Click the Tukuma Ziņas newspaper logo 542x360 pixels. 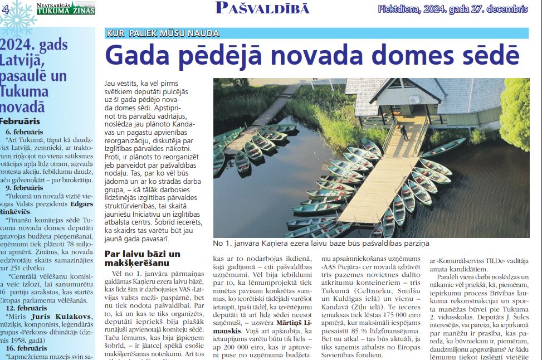coord(65,8)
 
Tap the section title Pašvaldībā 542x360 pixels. coord(262,8)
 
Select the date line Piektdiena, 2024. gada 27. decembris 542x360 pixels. coord(452,9)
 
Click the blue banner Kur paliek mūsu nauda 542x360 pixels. coord(163,33)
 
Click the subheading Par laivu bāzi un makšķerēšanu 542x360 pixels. coord(142,258)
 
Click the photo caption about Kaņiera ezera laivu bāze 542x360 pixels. coord(321,244)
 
